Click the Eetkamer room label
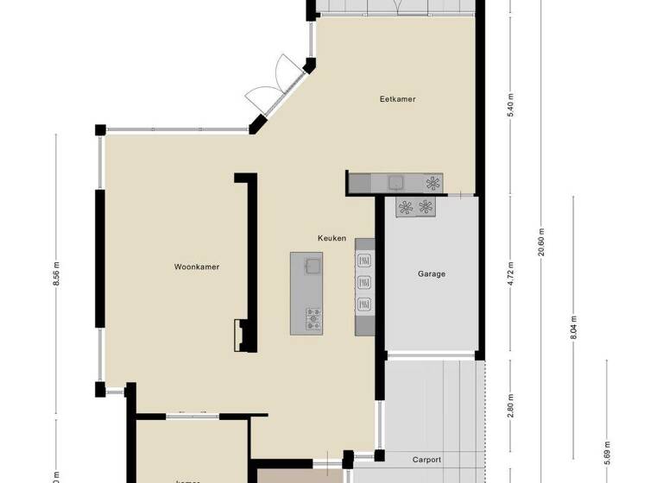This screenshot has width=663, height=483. click(x=397, y=99)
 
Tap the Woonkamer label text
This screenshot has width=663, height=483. click(x=196, y=267)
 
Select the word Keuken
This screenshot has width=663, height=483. click(x=331, y=238)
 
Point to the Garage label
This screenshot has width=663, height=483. click(x=432, y=274)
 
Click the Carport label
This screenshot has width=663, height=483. click(x=426, y=460)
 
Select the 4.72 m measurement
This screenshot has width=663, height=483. click(x=511, y=274)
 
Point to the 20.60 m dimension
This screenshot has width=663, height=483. click(x=542, y=241)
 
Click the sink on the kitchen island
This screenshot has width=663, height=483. click(x=312, y=264)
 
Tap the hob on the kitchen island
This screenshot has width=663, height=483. click(x=313, y=320)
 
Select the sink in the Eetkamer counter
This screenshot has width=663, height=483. click(x=396, y=182)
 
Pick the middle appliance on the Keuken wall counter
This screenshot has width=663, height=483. click(x=363, y=281)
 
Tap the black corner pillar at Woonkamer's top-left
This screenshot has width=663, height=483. click(x=101, y=129)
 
